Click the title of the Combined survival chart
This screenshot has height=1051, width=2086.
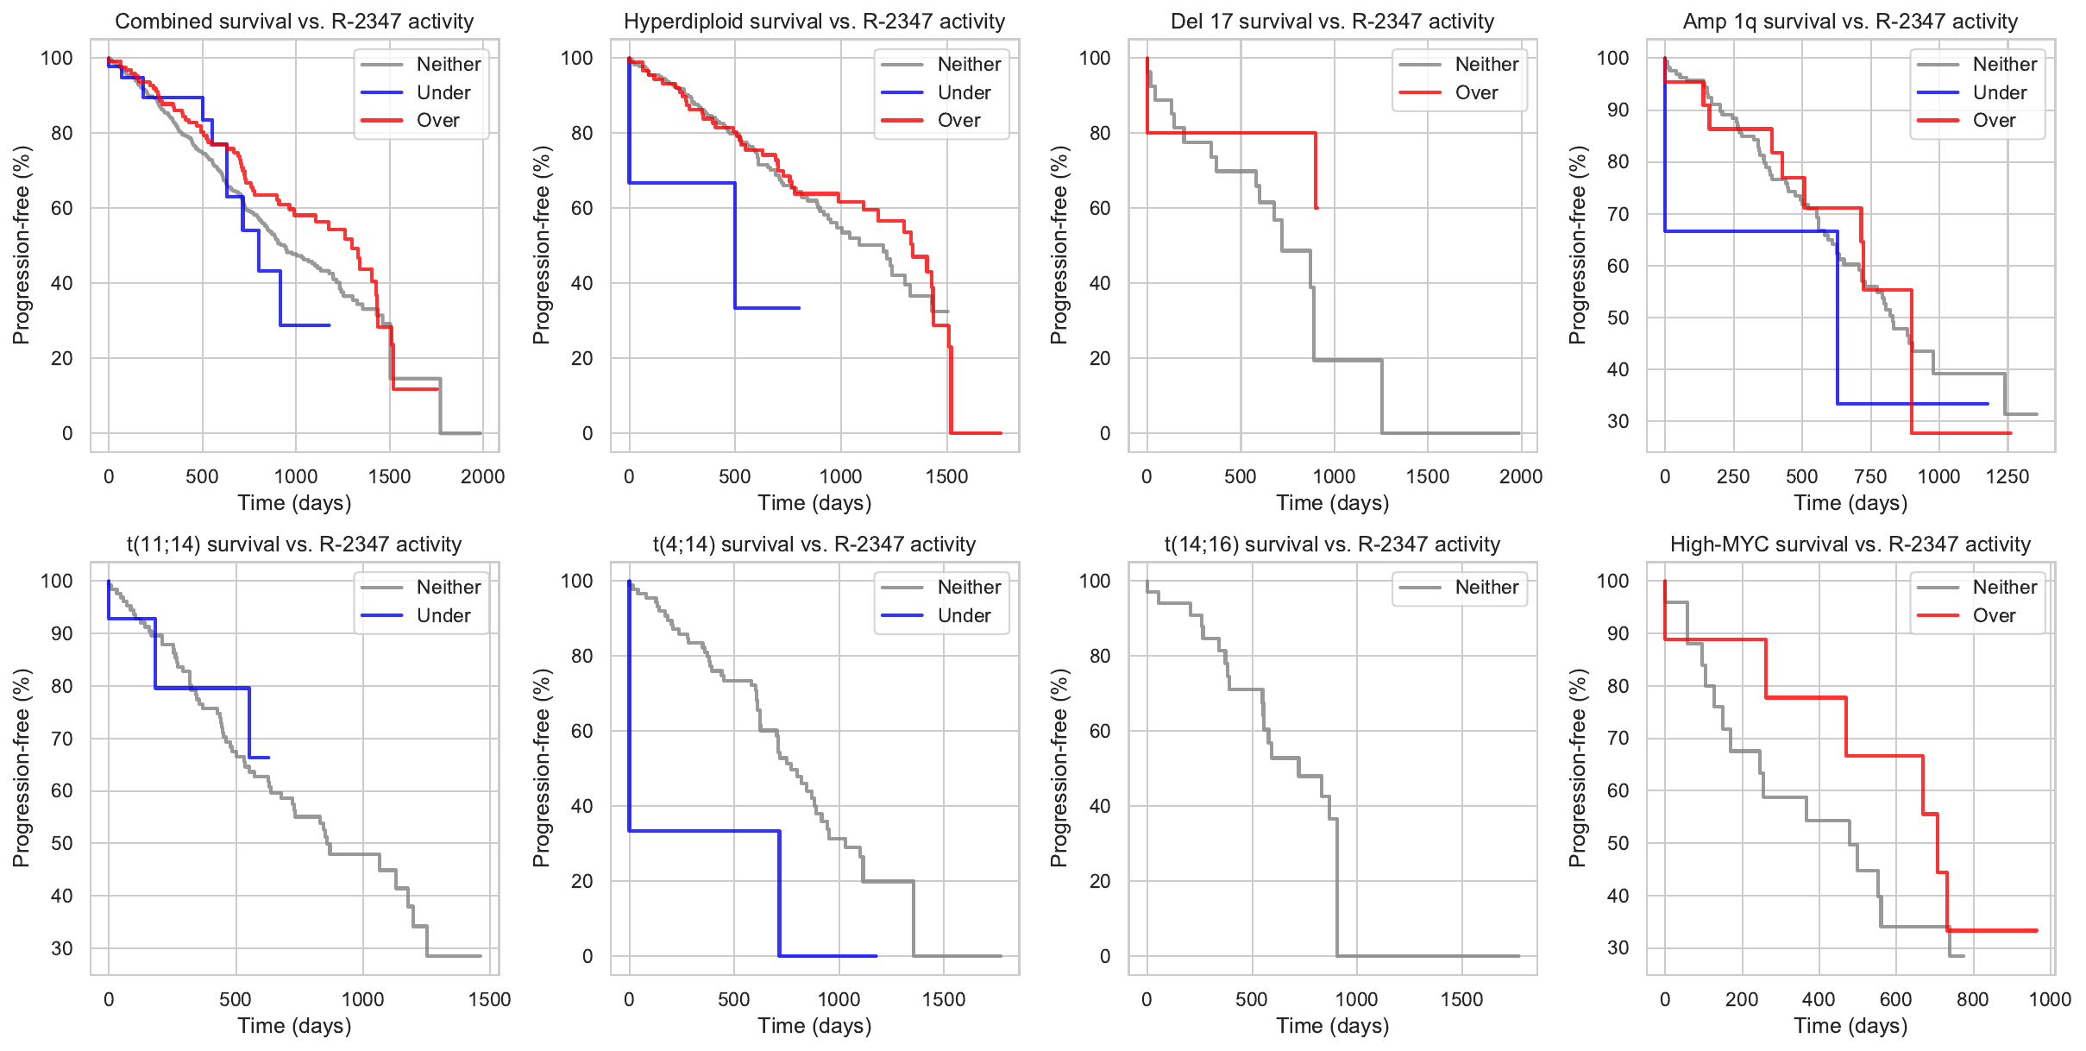pyautogui.click(x=294, y=21)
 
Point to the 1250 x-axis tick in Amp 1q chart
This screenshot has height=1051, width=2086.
pyautogui.click(x=2007, y=476)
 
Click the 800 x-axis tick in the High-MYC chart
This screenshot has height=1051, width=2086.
pyautogui.click(x=1972, y=999)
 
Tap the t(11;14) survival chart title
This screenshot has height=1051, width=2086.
pyautogui.click(x=294, y=544)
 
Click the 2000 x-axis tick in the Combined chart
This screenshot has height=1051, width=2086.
pyautogui.click(x=482, y=476)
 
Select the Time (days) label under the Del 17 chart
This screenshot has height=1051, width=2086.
pyautogui.click(x=1333, y=503)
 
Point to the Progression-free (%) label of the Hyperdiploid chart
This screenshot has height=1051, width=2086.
pyautogui.click(x=541, y=245)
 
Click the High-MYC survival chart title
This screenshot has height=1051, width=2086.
pyautogui.click(x=1850, y=544)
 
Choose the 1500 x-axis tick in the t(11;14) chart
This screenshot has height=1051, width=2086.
pyautogui.click(x=489, y=999)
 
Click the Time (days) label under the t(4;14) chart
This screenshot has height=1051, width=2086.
pyautogui.click(x=814, y=1026)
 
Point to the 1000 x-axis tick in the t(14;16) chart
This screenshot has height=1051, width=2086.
pyautogui.click(x=1356, y=999)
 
